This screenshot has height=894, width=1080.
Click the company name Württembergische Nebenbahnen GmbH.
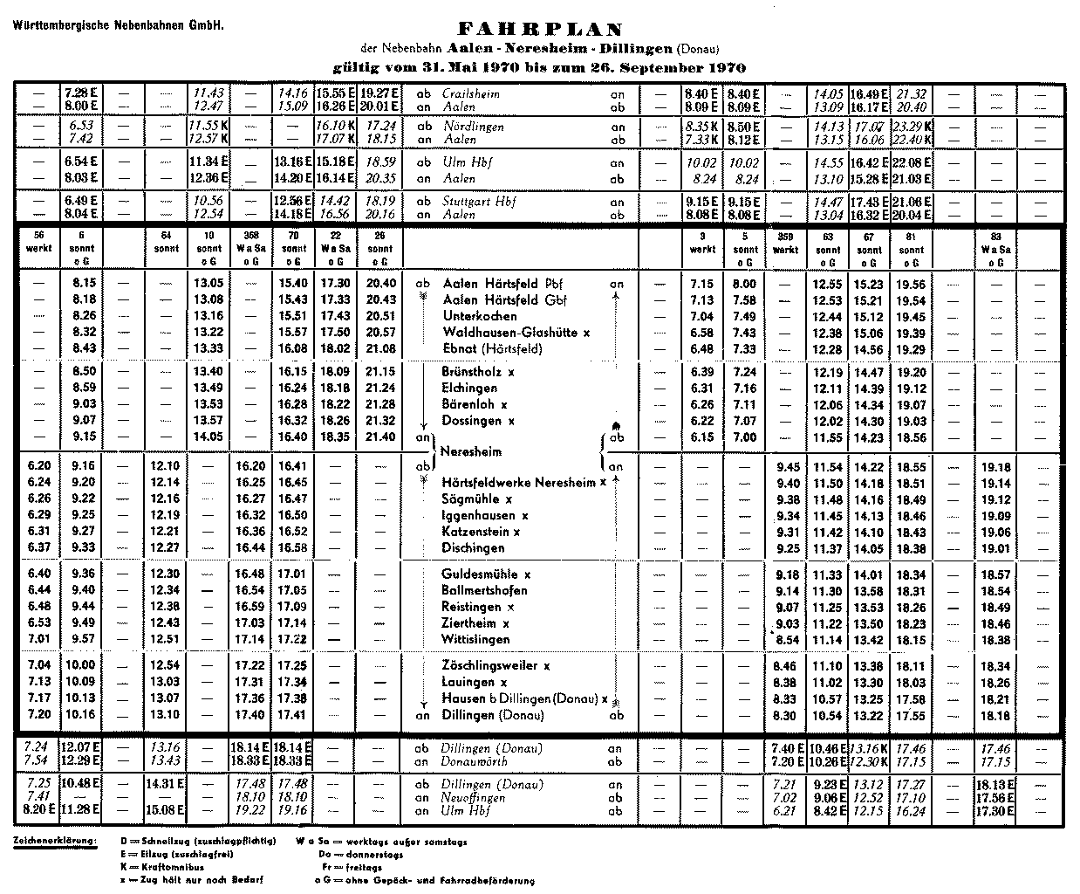tap(119, 24)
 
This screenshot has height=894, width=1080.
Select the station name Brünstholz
tap(474, 371)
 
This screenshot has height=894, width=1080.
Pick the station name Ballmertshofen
tap(484, 591)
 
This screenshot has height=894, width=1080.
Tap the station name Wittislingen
tap(475, 640)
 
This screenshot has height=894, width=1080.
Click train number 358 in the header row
tap(250, 236)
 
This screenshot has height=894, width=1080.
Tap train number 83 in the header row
tap(995, 236)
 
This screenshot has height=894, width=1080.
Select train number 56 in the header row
tap(38, 236)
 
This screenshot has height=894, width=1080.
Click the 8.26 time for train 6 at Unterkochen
tap(84, 316)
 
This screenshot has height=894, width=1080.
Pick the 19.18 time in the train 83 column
tap(995, 467)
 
